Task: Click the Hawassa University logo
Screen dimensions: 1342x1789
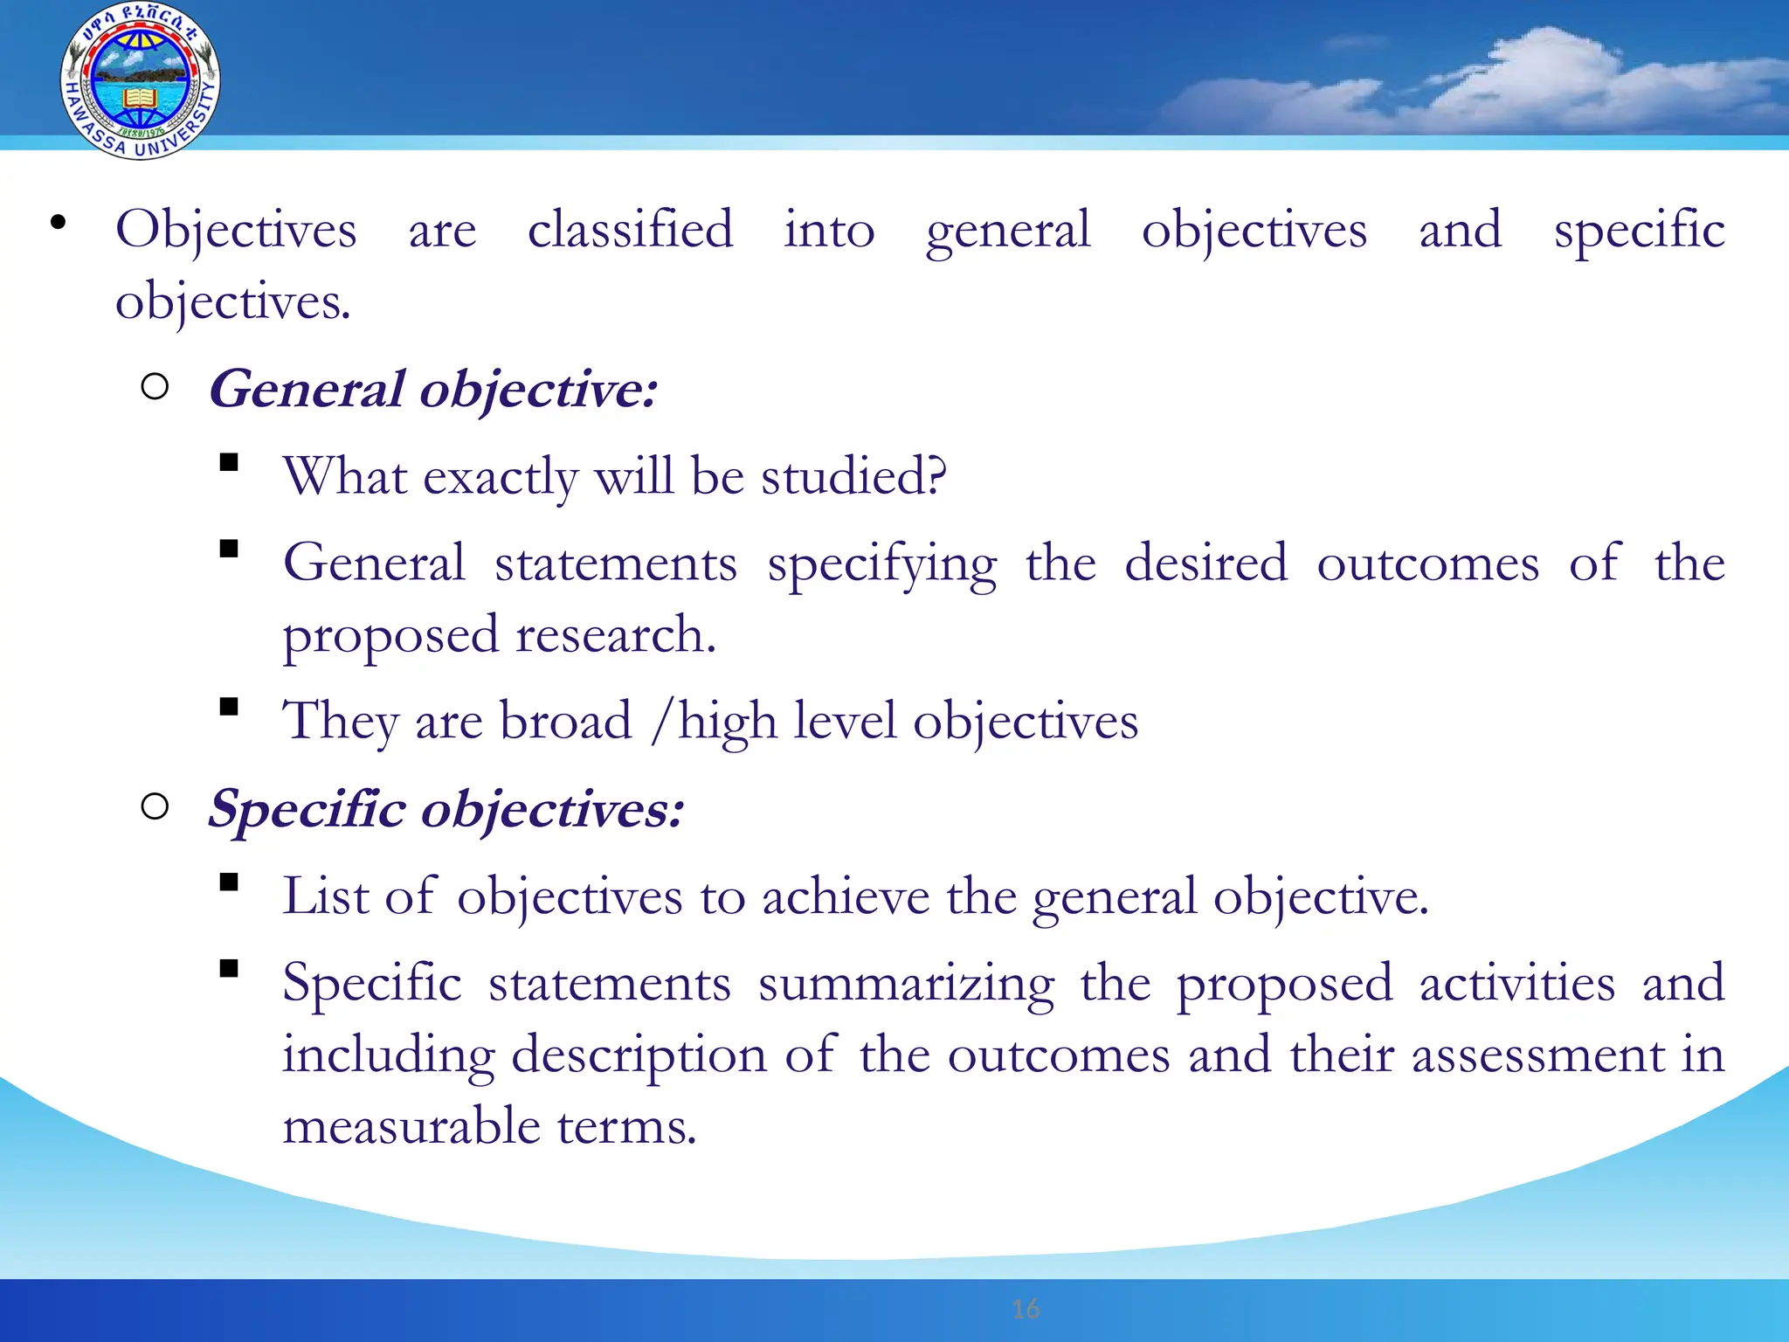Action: pyautogui.click(x=140, y=80)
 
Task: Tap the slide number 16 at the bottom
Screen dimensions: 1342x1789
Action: pyautogui.click(x=1026, y=1309)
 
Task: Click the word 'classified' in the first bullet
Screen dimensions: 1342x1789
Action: pyautogui.click(x=630, y=230)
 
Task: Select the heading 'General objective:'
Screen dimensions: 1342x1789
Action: pyautogui.click(x=432, y=389)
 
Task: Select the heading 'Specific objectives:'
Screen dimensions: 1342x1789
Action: pyautogui.click(x=446, y=808)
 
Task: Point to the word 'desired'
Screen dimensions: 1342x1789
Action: pyautogui.click(x=1205, y=563)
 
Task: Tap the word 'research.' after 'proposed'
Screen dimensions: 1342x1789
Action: pyautogui.click(x=616, y=634)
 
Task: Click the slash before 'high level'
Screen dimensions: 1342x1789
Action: pyautogui.click(x=662, y=722)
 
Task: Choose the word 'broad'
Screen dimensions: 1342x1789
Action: pyautogui.click(x=565, y=722)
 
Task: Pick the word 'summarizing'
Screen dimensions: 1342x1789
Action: pyautogui.click(x=906, y=984)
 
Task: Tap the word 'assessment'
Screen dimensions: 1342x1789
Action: pyautogui.click(x=1538, y=1055)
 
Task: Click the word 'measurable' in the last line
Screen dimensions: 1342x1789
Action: pyautogui.click(x=411, y=1125)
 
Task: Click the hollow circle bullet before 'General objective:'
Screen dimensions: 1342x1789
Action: pyautogui.click(x=155, y=386)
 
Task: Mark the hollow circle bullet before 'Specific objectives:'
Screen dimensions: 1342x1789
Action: pyautogui.click(x=155, y=806)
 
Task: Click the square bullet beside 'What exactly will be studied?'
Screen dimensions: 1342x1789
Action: pyautogui.click(x=229, y=462)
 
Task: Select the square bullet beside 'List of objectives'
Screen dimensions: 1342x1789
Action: pyautogui.click(x=229, y=882)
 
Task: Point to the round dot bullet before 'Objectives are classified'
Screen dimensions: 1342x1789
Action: pyautogui.click(x=58, y=223)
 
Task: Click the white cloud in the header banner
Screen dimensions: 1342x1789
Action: pyautogui.click(x=1537, y=79)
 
